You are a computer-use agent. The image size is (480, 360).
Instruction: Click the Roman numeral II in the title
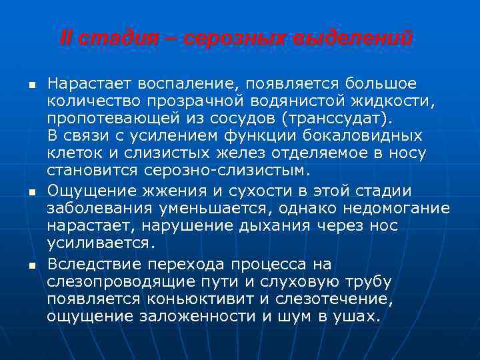[x=66, y=38]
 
